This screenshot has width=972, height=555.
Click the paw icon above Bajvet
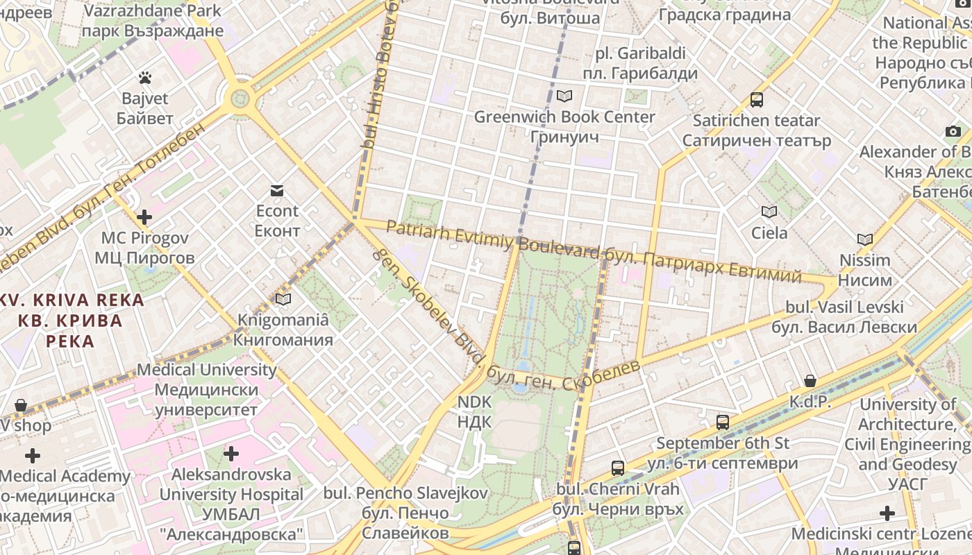click(x=144, y=77)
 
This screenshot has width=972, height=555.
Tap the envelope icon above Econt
click(x=277, y=191)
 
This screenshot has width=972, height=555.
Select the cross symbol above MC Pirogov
click(x=144, y=217)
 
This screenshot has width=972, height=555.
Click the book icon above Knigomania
click(x=283, y=299)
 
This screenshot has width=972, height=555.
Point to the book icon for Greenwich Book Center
click(x=564, y=96)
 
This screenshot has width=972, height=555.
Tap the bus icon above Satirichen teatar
click(x=757, y=100)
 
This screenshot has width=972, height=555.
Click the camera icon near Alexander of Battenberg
click(x=953, y=131)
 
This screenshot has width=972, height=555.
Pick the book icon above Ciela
click(x=769, y=212)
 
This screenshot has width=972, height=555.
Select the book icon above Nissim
click(x=864, y=240)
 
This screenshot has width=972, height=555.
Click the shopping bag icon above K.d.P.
click(x=810, y=381)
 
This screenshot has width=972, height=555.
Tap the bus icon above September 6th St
click(x=722, y=422)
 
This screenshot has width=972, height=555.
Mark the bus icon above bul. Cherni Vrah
click(x=617, y=468)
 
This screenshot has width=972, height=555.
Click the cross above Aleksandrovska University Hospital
click(x=231, y=454)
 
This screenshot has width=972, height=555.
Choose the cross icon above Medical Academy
click(x=32, y=456)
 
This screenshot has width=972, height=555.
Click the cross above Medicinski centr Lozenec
click(x=887, y=513)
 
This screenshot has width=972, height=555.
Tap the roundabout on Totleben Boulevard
click(x=241, y=98)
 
